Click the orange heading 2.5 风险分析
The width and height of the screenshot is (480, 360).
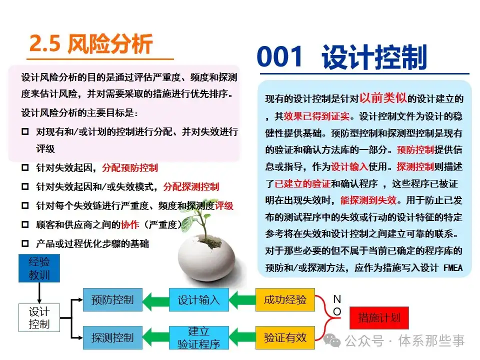click(x=91, y=44)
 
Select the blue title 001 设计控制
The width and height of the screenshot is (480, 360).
click(x=342, y=56)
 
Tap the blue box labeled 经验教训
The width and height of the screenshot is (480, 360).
click(x=39, y=268)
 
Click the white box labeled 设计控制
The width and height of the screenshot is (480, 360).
click(x=39, y=318)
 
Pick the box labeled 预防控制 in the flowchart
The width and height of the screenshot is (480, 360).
click(x=112, y=299)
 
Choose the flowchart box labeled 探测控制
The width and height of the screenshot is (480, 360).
click(x=112, y=337)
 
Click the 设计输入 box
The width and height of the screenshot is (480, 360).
click(x=199, y=299)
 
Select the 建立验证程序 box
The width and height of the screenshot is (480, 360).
click(x=199, y=337)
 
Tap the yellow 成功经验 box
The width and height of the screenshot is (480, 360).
click(x=285, y=299)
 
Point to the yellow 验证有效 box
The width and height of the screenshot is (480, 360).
click(x=285, y=337)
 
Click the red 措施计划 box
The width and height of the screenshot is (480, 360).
click(x=379, y=318)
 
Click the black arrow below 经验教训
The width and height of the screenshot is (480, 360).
click(x=39, y=293)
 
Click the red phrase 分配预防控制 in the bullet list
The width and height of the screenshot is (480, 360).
click(x=130, y=168)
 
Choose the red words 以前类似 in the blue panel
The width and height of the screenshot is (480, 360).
click(x=383, y=98)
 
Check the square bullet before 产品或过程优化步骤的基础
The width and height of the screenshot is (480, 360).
click(x=25, y=243)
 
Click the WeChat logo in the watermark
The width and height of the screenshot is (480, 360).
click(x=332, y=340)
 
